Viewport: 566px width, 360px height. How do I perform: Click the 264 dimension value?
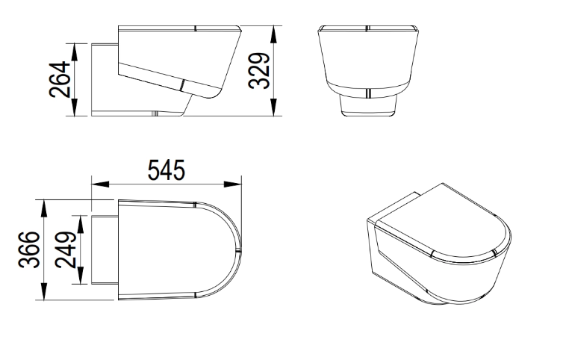(60, 79)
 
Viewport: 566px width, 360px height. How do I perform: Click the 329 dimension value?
(259, 71)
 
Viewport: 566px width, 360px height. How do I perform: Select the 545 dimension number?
(167, 170)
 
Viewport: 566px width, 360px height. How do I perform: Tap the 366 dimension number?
(29, 249)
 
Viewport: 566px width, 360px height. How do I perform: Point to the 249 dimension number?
(66, 250)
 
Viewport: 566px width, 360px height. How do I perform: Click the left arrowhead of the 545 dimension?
(100, 184)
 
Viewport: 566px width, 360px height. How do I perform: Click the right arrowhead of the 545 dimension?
(233, 184)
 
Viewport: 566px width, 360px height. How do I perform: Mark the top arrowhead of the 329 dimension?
(274, 34)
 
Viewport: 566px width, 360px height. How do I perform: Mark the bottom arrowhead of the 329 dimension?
(274, 107)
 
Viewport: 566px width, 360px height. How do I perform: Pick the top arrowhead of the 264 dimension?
(75, 52)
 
